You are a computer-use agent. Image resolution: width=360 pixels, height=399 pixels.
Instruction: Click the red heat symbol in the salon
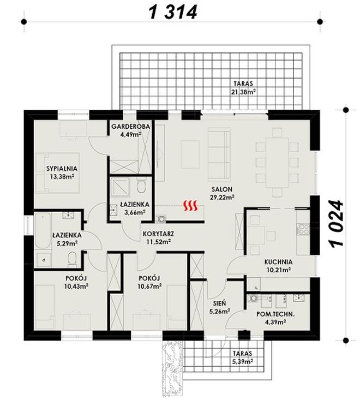point(191,206)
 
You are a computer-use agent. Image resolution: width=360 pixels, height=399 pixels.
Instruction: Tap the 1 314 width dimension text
point(173,12)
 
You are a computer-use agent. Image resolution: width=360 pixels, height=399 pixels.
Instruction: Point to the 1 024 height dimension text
point(337,223)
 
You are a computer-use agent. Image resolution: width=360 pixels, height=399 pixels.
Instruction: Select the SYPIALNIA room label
point(62,169)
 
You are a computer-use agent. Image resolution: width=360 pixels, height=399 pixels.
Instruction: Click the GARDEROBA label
point(131,126)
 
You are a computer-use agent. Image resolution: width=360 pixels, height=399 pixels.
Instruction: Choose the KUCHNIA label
point(278,262)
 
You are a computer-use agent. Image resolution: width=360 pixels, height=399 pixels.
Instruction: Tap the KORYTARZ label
point(158,234)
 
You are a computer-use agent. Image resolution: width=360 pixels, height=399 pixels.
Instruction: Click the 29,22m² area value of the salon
point(222,196)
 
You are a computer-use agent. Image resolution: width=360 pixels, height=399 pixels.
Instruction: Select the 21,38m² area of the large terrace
point(243,91)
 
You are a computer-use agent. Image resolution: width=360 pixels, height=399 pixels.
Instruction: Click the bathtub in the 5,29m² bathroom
point(43,230)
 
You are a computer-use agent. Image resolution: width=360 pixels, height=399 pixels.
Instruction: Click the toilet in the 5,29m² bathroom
point(73,259)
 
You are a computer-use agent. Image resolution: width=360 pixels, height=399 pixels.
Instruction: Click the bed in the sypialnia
point(58,172)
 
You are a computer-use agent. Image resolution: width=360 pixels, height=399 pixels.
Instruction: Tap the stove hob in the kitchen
point(303,230)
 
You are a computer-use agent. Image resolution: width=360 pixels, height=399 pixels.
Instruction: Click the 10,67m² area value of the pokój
point(150,287)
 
